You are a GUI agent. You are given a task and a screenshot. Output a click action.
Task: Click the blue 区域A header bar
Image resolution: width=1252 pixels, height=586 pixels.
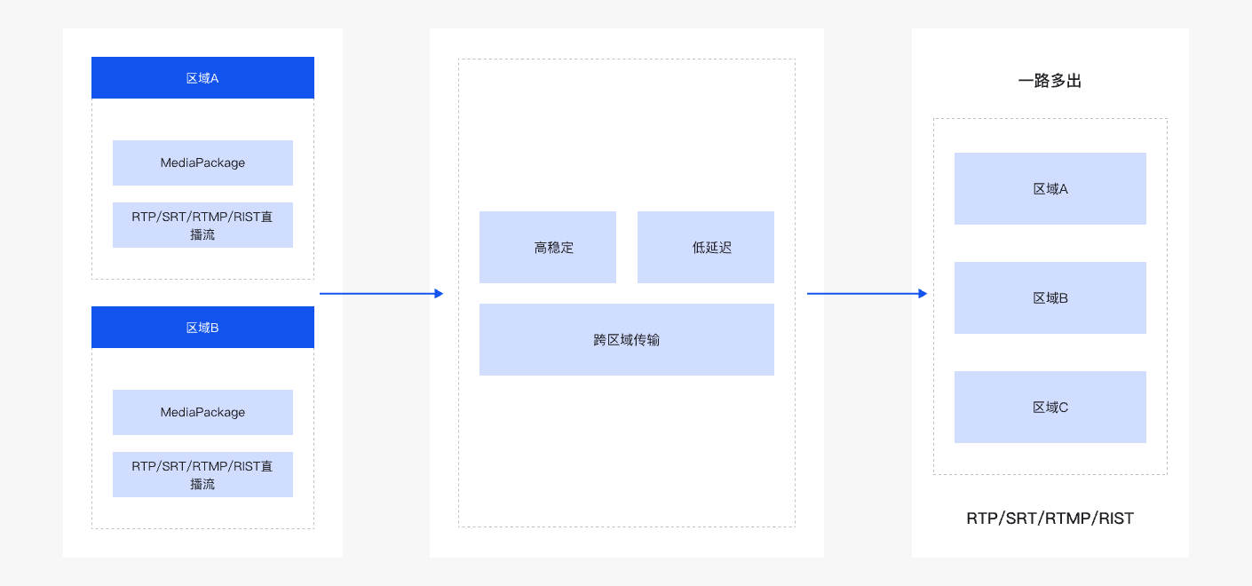(202, 78)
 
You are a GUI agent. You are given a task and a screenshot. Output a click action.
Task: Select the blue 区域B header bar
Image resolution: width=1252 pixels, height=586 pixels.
(202, 328)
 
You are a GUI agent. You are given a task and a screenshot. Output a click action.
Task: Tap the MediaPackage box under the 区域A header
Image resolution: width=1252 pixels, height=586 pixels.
(202, 163)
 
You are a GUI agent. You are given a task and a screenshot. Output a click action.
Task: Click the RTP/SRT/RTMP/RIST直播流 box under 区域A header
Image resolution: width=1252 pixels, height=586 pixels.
(202, 225)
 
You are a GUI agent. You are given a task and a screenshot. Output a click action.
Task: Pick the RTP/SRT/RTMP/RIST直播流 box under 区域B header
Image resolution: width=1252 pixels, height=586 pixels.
(202, 474)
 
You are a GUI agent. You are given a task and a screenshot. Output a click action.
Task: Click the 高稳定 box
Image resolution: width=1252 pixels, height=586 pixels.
(547, 247)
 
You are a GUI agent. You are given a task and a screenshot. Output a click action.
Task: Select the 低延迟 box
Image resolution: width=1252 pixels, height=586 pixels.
(705, 247)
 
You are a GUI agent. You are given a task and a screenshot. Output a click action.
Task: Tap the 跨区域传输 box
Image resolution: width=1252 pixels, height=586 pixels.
(626, 339)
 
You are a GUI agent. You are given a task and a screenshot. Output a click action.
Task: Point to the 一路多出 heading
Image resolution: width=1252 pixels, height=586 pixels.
(1050, 81)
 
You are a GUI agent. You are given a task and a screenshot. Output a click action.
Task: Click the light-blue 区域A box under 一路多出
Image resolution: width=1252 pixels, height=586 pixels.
(1050, 188)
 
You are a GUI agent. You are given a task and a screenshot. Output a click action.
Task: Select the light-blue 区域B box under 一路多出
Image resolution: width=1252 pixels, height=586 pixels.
(1050, 297)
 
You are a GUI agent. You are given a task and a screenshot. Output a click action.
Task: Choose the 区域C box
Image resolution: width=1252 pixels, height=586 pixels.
(1050, 407)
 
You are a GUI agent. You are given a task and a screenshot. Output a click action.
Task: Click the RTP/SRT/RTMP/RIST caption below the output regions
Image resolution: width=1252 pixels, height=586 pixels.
(1050, 519)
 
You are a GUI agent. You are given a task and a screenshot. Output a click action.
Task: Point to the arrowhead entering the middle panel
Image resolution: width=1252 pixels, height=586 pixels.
(438, 293)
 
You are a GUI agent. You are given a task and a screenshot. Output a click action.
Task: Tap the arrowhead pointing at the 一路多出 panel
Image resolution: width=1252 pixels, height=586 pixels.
(923, 293)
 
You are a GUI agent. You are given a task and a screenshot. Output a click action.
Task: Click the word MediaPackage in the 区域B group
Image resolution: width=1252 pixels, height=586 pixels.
(202, 412)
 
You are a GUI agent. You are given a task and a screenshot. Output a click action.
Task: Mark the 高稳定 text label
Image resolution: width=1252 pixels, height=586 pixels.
(554, 248)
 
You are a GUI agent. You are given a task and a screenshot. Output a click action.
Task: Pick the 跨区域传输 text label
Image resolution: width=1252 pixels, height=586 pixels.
(626, 340)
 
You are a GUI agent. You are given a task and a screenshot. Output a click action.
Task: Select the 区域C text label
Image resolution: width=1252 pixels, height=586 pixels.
(1050, 408)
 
